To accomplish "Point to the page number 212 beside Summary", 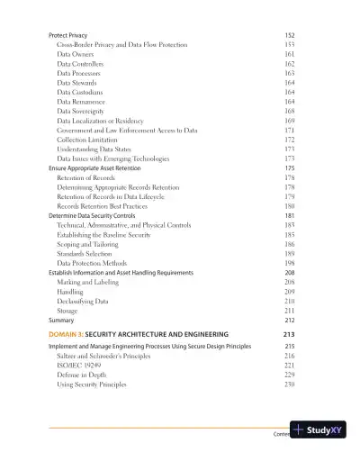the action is coord(289,320).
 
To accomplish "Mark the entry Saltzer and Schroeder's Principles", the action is coord(110,357).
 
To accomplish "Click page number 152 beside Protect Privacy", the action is coord(289,33).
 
